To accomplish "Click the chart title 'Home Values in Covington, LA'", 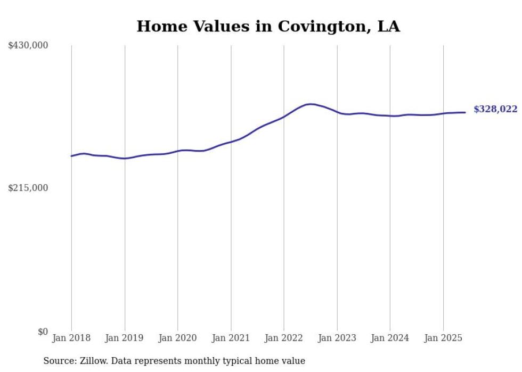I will tap(268, 27).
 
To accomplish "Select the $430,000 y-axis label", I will tap(28, 46).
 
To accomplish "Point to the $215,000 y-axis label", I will tap(28, 188).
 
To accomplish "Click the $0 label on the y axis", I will tap(43, 332).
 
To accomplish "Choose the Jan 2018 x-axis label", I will tap(71, 338).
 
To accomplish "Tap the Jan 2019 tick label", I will tap(125, 338).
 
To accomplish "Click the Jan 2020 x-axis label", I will tap(177, 338).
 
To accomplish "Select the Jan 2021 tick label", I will tap(231, 338).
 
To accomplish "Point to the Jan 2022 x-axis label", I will tap(283, 338).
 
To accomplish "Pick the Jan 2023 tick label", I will tap(337, 338).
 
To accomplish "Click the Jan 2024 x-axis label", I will tap(390, 338).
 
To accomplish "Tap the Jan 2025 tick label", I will tap(443, 338).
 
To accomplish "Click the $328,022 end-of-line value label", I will tap(495, 110).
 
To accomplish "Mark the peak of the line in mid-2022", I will tap(311, 104).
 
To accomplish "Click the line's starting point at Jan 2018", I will tap(71, 156).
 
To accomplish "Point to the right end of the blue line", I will tap(465, 112).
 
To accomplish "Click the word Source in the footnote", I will tap(58, 361).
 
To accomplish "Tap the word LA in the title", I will tap(388, 27).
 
